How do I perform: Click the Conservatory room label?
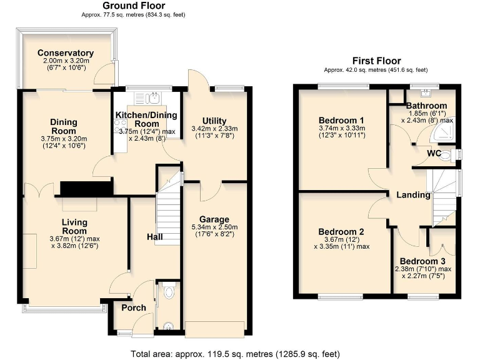click(66, 53)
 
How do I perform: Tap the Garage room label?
click(214, 219)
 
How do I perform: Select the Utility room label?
click(214, 121)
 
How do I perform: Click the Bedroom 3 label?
click(423, 261)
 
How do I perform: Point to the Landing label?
click(414, 195)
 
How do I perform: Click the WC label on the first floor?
click(436, 153)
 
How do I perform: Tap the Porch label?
click(134, 307)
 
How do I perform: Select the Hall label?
click(137, 237)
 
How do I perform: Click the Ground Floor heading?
click(134, 6)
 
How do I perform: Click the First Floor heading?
click(376, 61)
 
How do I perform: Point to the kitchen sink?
click(152, 97)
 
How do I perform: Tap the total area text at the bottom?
click(239, 353)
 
